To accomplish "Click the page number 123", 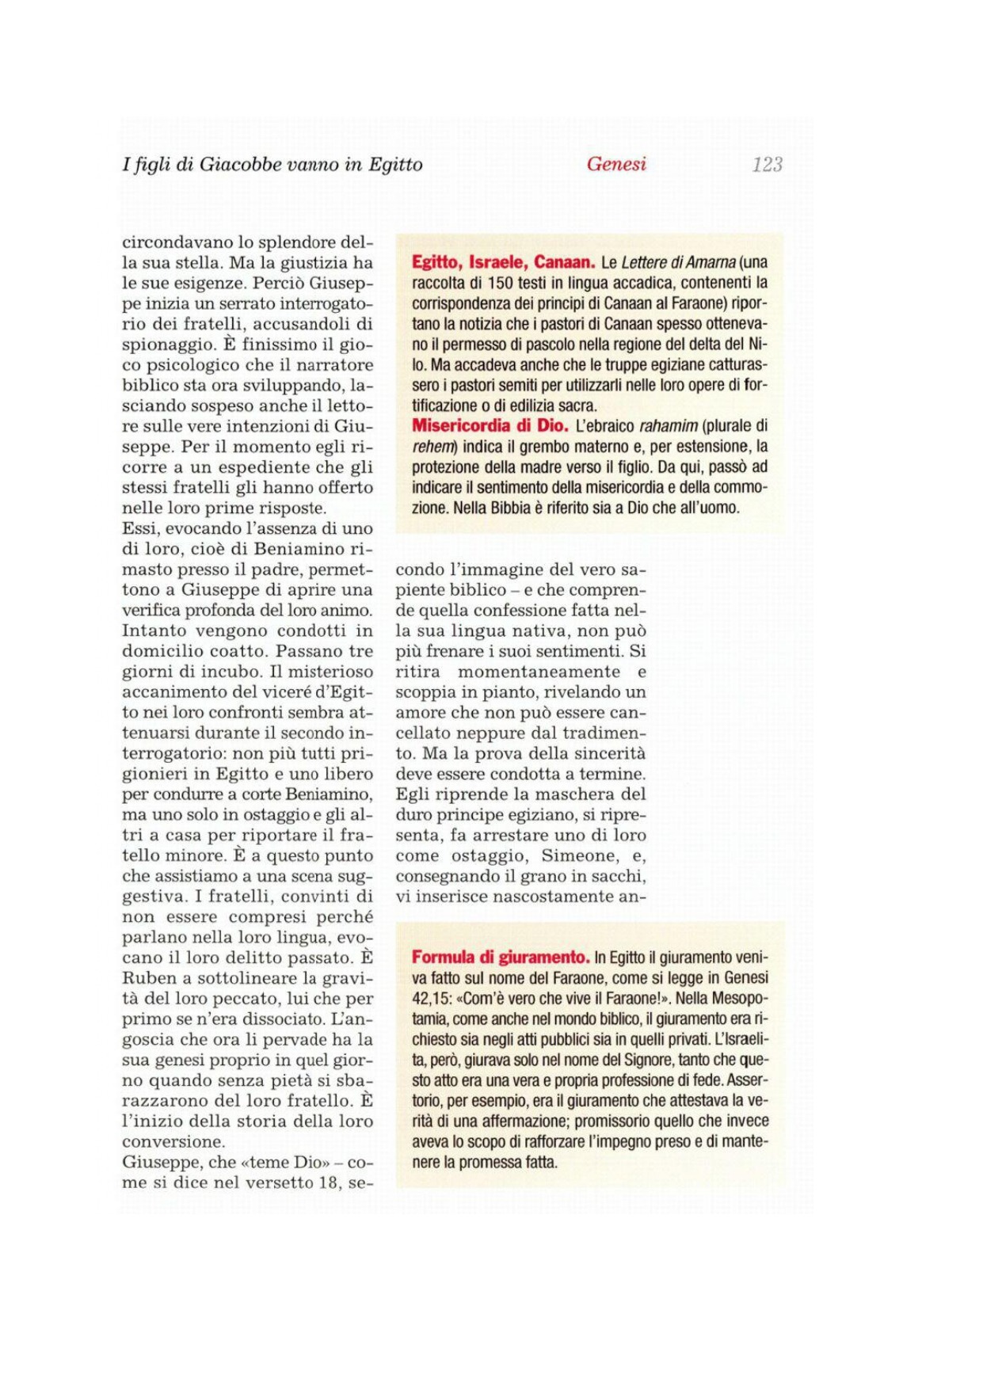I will [x=767, y=165].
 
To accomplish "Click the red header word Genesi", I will [x=616, y=164].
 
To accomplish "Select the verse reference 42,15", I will [x=431, y=999].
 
